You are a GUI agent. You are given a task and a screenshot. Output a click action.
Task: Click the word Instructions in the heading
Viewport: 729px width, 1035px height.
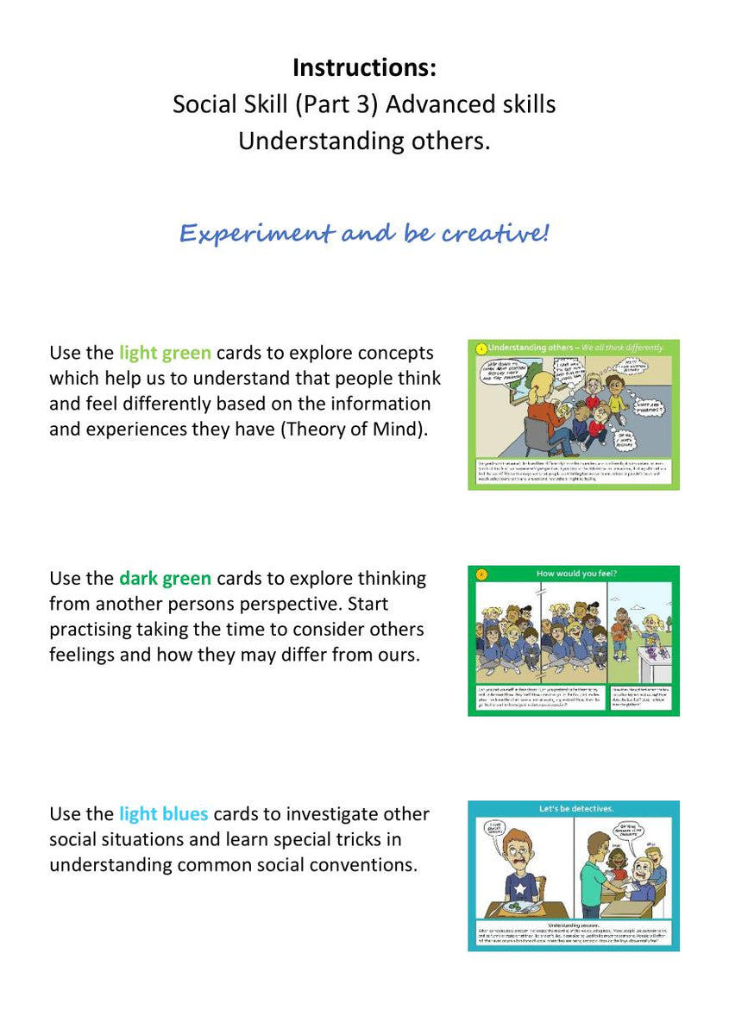[363, 66]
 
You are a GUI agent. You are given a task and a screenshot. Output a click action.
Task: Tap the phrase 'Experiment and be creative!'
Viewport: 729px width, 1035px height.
[363, 233]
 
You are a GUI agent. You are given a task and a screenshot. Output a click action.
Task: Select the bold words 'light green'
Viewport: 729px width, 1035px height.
[165, 353]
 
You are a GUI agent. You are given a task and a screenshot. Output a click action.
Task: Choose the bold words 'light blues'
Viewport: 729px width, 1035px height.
[163, 814]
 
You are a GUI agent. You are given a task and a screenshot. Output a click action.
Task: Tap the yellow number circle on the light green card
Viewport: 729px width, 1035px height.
[480, 348]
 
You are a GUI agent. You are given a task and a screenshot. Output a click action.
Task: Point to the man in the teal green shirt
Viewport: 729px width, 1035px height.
[592, 875]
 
